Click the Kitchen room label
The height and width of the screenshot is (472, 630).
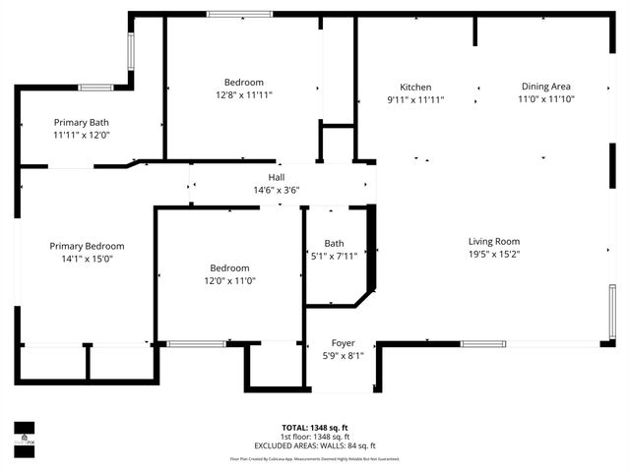pyautogui.click(x=414, y=87)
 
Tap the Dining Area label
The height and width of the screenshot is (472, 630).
pyautogui.click(x=546, y=87)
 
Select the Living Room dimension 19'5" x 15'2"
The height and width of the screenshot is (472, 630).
pyautogui.click(x=493, y=254)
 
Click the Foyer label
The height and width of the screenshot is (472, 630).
pyautogui.click(x=342, y=343)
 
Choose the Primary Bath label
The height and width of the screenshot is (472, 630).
pyautogui.click(x=81, y=122)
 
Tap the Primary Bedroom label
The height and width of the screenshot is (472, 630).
pyautogui.click(x=88, y=246)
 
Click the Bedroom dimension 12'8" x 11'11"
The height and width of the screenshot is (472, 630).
pyautogui.click(x=243, y=94)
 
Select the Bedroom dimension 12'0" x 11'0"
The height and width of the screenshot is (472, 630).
pyautogui.click(x=228, y=280)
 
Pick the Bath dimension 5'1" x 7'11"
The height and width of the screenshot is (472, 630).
pyautogui.click(x=334, y=256)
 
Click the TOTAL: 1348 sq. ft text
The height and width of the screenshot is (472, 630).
pyautogui.click(x=315, y=428)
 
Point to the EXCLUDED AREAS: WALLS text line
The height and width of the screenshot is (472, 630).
pyautogui.click(x=315, y=445)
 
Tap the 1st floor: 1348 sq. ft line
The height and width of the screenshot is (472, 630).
pyautogui.click(x=315, y=437)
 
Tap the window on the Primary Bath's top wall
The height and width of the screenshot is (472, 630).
pyautogui.click(x=95, y=88)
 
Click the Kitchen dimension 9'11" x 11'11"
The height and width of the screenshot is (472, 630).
pyautogui.click(x=414, y=99)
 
